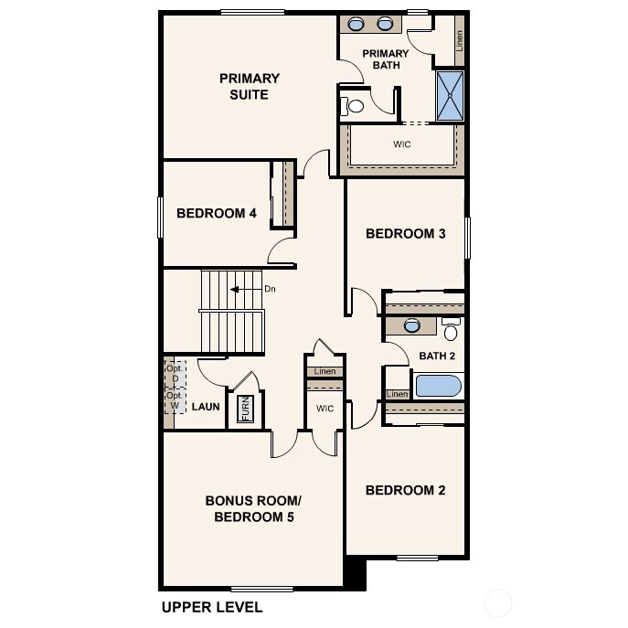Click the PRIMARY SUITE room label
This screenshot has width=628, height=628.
[249, 86]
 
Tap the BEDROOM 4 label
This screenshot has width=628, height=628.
[216, 214]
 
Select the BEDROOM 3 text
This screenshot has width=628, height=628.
[405, 233]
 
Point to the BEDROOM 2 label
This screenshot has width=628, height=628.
[405, 490]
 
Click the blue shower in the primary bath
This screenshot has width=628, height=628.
[450, 96]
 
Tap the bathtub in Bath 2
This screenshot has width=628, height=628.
[439, 385]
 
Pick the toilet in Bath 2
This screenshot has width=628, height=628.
[451, 330]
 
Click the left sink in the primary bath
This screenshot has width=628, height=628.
[357, 25]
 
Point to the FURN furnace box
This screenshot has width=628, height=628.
[245, 409]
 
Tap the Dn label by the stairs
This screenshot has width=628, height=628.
[270, 289]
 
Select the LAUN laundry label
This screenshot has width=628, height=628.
[206, 406]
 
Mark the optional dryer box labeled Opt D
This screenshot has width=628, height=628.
[173, 374]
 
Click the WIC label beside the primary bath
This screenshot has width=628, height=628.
[401, 144]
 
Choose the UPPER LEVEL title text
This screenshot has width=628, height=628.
[212, 607]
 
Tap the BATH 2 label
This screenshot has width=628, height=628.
[437, 356]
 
